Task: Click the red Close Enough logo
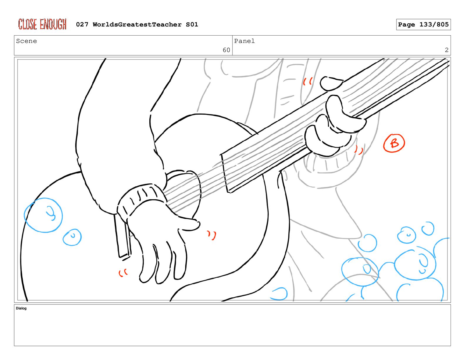42,24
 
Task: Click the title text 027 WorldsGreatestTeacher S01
137,24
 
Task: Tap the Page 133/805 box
423,24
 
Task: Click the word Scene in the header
26,41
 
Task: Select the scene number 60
226,50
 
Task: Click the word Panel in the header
244,41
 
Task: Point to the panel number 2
446,50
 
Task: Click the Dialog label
21,308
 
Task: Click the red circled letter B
394,143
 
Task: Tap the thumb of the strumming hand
188,222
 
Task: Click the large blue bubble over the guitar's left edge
44,215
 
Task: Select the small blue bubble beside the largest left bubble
72,237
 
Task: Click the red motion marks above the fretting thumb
308,81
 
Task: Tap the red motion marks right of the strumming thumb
212,235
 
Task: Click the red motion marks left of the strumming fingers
123,273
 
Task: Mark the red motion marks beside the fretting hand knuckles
359,150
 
